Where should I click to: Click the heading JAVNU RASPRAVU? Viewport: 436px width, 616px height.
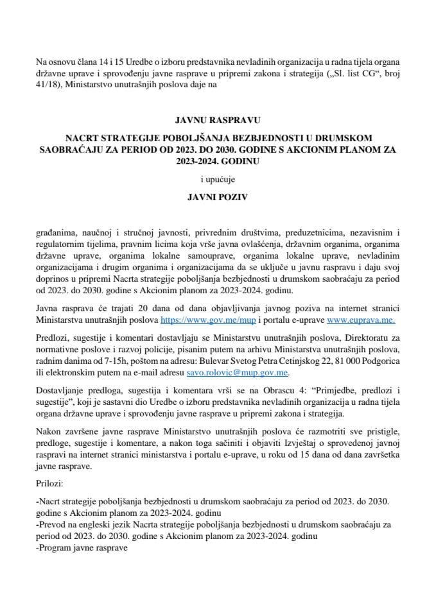click(x=218, y=119)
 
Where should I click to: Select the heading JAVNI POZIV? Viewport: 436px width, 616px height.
click(x=218, y=199)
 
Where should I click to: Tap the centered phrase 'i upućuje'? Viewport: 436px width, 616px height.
click(x=218, y=181)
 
